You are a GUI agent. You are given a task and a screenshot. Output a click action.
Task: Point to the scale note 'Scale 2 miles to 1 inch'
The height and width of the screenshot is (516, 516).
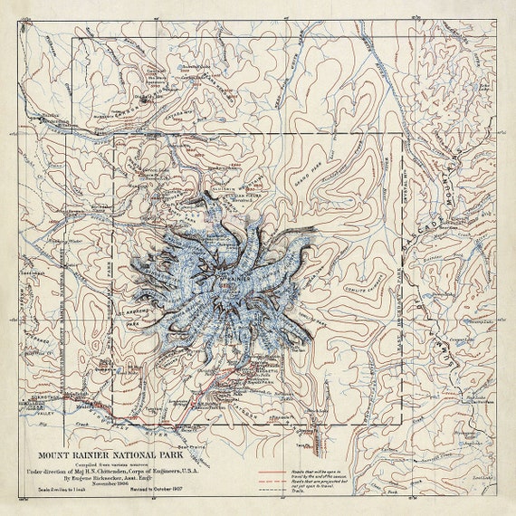(51, 493)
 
